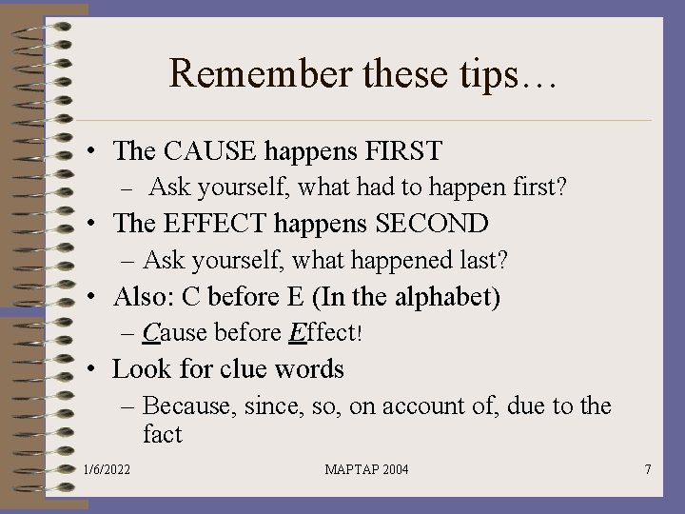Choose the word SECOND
click(x=432, y=224)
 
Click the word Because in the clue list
click(x=189, y=406)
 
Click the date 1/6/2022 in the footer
click(x=108, y=470)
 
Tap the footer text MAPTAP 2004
click(x=366, y=470)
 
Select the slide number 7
click(x=647, y=470)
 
